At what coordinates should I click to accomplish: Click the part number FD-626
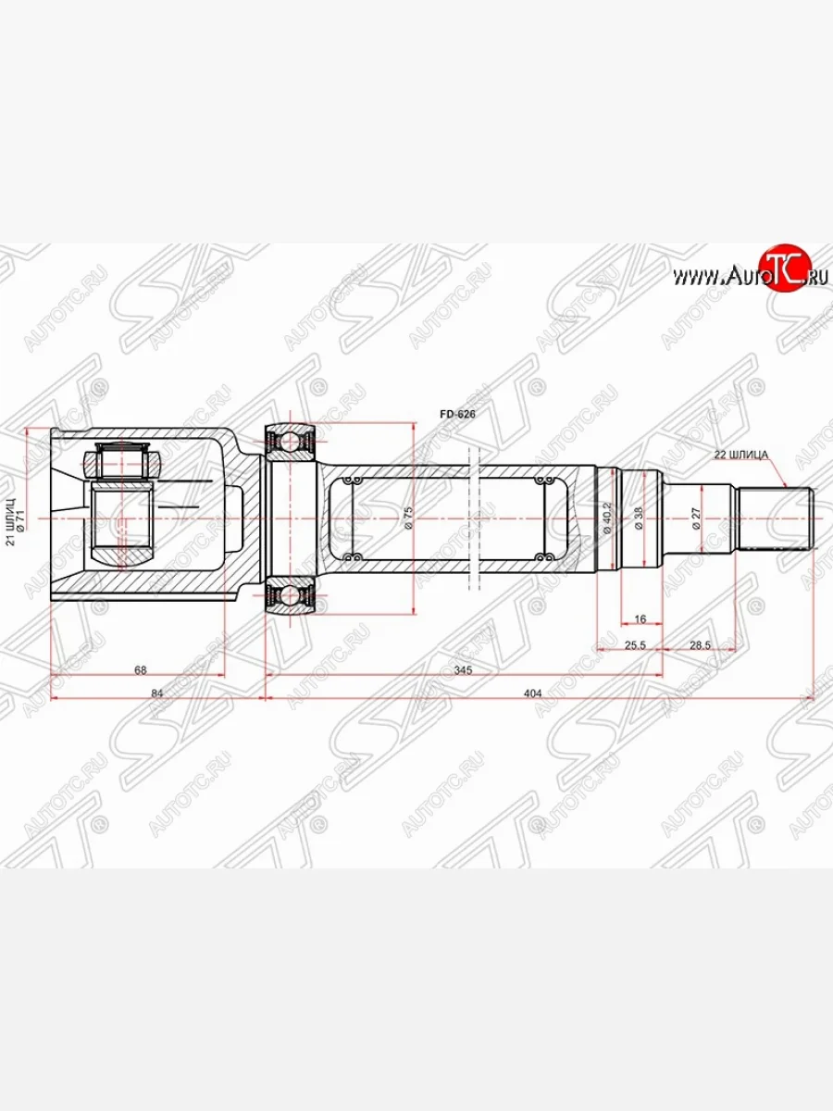click(457, 416)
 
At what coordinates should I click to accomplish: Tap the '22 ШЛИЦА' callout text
click(741, 454)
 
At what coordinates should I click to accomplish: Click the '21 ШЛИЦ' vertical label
click(11, 521)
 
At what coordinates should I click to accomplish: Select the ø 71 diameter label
click(23, 520)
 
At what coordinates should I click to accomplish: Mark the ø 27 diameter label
click(695, 518)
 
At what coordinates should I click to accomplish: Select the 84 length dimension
click(156, 692)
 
